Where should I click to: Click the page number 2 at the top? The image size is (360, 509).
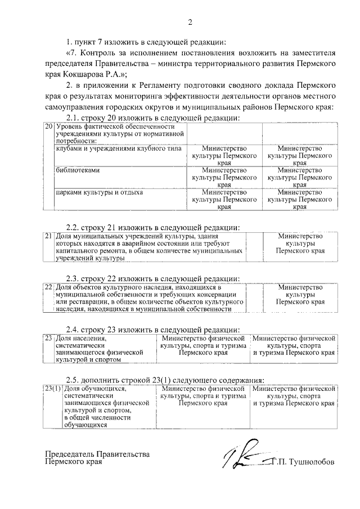click(190, 22)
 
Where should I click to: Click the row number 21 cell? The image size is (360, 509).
click(49, 236)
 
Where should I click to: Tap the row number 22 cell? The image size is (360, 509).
click(49, 287)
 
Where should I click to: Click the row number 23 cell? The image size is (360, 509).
click(49, 338)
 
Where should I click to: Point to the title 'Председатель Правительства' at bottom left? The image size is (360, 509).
click(97, 454)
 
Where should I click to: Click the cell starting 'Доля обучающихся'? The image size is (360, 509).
click(107, 407)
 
